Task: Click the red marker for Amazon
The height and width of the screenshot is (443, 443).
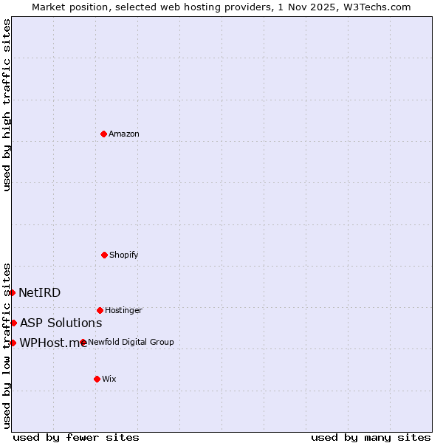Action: coord(103,134)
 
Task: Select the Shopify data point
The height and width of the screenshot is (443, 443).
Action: coord(104,255)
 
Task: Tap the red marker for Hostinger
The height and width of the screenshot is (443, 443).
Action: coord(100,310)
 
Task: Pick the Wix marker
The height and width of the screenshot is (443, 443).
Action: coord(97,379)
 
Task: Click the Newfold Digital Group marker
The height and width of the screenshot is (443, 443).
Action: coord(83,342)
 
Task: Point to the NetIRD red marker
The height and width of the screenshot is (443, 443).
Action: coord(12,292)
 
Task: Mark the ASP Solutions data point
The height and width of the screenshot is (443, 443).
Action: coord(13,323)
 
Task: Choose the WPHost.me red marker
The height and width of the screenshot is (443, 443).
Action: coord(13,343)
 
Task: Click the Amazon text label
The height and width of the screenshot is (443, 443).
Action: coord(124,134)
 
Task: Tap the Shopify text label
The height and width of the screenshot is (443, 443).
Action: coord(124,255)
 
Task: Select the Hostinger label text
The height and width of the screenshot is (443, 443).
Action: coord(123,310)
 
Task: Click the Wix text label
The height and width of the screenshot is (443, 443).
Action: coord(109,379)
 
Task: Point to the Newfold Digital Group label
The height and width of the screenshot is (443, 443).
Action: coord(131,342)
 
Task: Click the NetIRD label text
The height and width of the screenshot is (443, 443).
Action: coord(39,292)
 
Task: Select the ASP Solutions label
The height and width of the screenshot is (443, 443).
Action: coord(61,323)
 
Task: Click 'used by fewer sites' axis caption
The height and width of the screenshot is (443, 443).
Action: coord(76,437)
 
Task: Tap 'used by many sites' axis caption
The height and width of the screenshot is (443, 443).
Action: coord(371,437)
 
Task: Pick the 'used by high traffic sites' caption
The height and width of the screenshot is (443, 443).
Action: coord(7,105)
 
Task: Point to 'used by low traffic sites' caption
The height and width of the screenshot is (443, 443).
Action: coord(7,345)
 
